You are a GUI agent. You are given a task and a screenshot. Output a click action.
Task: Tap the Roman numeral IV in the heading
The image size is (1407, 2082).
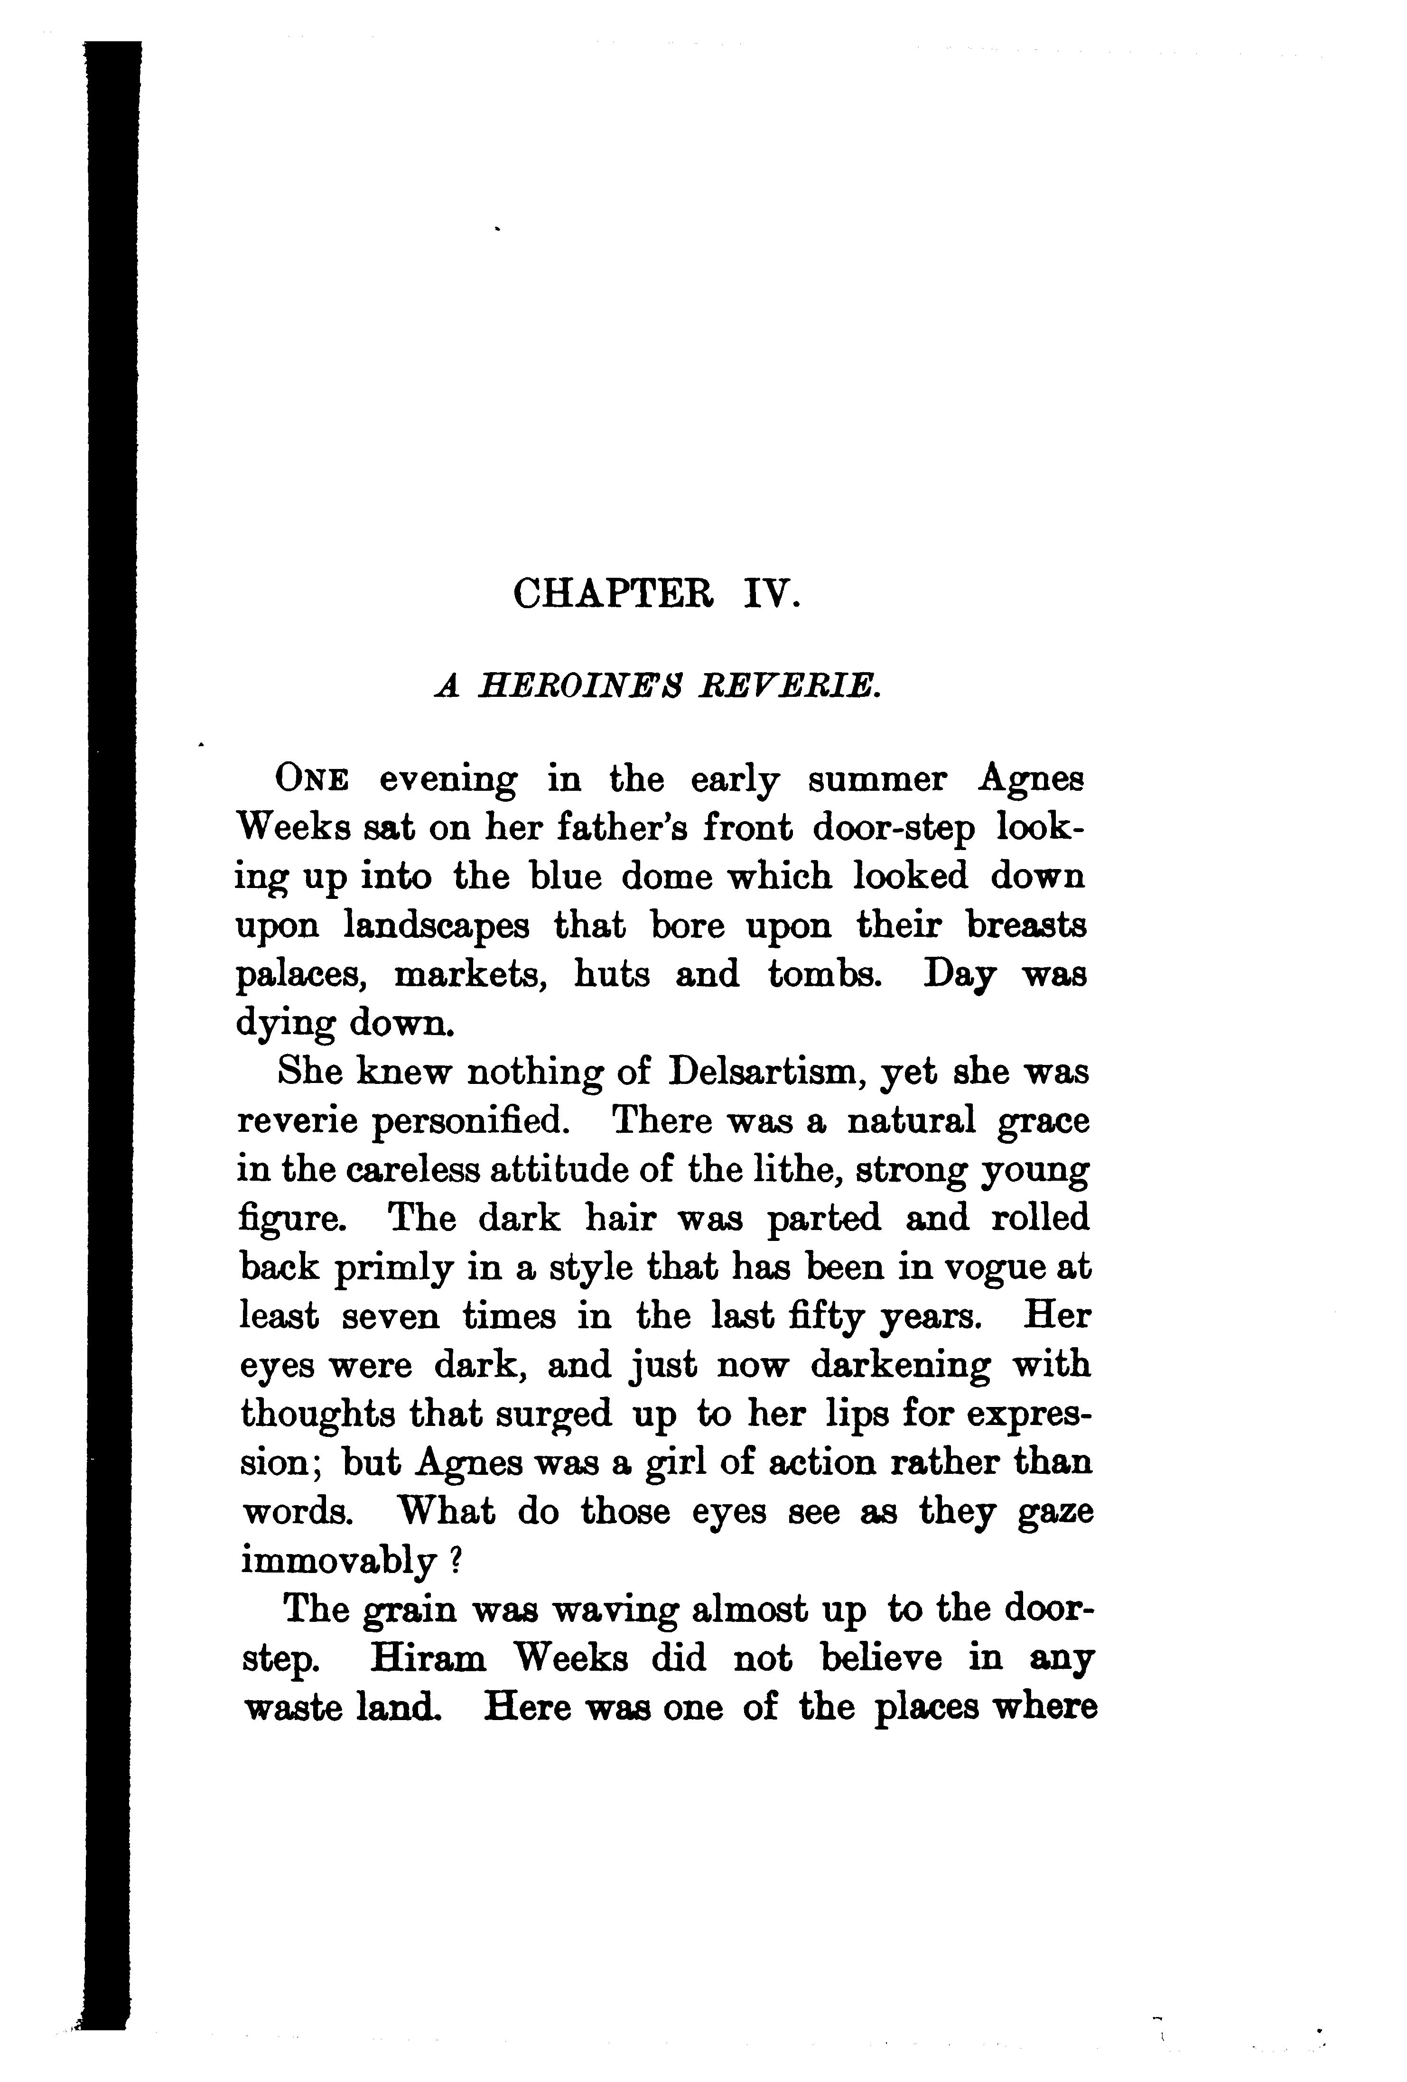tap(769, 593)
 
